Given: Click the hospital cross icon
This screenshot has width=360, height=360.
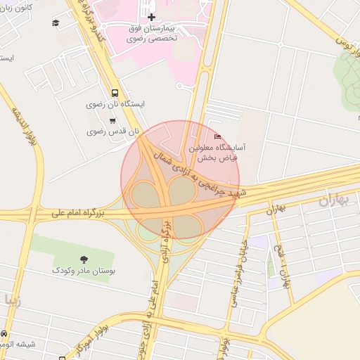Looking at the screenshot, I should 150,16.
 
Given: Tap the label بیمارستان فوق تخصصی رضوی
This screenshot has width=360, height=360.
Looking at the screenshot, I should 152,34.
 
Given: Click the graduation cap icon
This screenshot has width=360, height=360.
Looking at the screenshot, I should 56,23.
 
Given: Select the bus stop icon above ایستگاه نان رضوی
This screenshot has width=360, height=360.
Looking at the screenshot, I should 115,92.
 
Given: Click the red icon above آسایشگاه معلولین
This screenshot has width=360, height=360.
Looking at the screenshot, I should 217,137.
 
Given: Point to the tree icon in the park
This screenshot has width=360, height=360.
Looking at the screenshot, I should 85,259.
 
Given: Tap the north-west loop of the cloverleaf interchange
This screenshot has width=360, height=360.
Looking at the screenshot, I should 145,194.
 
